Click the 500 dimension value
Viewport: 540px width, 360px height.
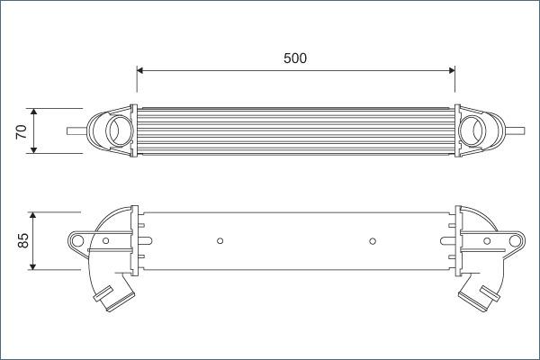pos(295,58)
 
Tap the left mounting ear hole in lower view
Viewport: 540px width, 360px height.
pos(77,240)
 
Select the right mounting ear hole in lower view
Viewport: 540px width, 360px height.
pos(514,240)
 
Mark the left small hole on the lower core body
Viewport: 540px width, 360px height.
pos(220,240)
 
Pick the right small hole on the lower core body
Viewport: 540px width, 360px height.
pos(373,240)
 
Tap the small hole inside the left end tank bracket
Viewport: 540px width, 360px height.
pos(106,240)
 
